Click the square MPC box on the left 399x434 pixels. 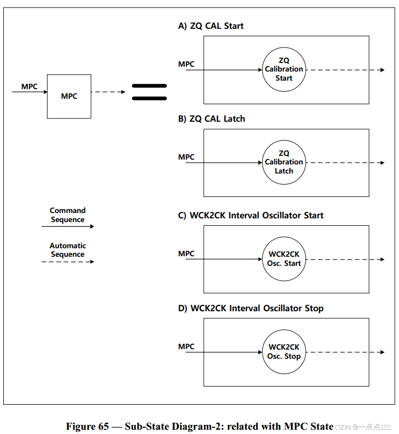69,96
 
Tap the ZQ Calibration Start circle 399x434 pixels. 284,69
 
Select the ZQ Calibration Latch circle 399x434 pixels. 284,162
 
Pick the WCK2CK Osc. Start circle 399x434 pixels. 284,259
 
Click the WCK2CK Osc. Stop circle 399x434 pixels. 284,352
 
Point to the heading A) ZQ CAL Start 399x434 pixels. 211,26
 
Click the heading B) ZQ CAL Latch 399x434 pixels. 211,119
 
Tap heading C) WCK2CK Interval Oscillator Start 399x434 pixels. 250,215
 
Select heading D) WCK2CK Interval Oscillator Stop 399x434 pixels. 250,308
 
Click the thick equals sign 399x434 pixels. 149,92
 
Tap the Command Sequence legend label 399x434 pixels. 67,215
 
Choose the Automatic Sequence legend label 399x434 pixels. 67,250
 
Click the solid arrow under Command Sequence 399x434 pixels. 67,226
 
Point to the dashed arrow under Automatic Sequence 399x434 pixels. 67,262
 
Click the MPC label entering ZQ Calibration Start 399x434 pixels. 186,64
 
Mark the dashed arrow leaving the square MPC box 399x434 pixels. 108,92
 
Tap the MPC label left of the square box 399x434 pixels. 29,86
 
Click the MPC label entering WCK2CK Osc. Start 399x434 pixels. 186,254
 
